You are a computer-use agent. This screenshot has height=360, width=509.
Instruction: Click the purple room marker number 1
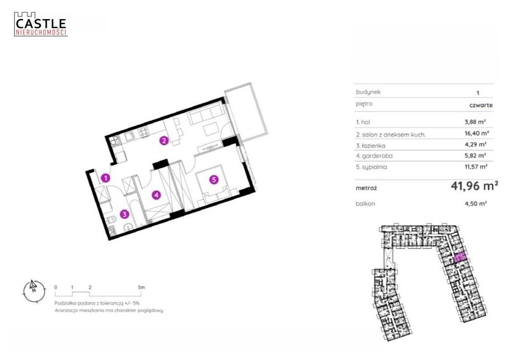106,178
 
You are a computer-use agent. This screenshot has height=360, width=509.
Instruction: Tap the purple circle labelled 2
164,141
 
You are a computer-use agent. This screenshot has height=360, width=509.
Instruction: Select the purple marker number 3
124,214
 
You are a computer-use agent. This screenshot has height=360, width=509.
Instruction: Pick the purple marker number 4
157,195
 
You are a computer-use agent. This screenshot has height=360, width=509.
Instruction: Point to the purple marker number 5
214,179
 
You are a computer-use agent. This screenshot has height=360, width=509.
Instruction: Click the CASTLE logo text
41,24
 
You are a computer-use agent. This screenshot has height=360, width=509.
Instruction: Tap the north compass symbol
34,291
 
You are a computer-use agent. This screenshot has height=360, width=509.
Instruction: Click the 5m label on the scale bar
141,287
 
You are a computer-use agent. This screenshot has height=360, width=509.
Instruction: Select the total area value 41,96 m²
474,186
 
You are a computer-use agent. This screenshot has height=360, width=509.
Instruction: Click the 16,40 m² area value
477,133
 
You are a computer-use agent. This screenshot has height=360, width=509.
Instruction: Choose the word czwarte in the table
481,105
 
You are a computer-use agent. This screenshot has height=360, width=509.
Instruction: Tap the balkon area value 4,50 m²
475,204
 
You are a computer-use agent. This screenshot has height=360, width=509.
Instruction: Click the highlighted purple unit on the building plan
459,258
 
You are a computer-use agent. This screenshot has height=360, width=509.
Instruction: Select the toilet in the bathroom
111,220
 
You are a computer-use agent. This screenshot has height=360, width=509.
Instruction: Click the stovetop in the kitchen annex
143,132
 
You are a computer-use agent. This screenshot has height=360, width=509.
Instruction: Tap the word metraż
366,188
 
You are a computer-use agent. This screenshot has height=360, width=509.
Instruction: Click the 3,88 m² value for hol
475,122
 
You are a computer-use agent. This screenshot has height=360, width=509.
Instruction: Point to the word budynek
368,92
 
